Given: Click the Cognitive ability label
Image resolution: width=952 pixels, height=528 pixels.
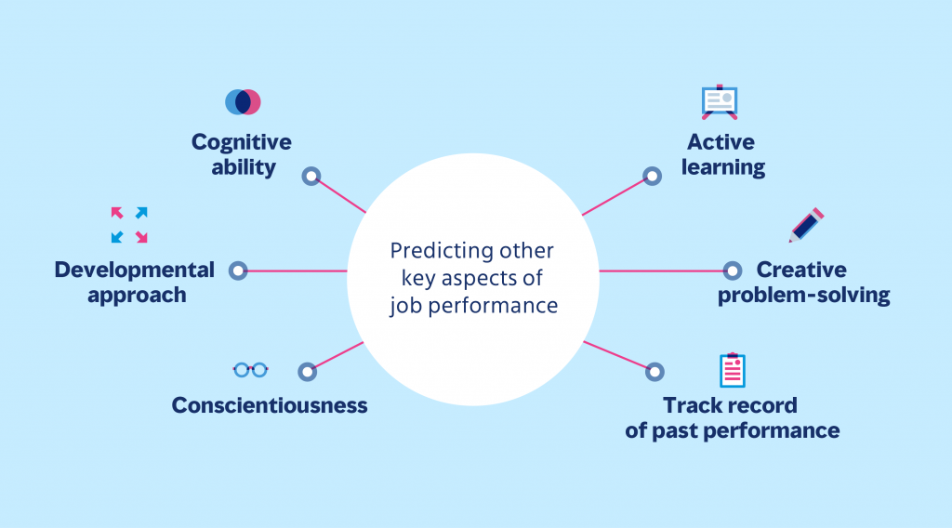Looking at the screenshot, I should click(x=241, y=155).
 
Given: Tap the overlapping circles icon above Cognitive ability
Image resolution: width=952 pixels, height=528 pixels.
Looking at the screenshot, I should click(x=243, y=102).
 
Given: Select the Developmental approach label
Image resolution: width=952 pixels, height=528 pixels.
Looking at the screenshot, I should click(x=134, y=283).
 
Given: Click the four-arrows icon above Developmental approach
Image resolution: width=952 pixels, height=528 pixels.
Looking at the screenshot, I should click(x=129, y=225).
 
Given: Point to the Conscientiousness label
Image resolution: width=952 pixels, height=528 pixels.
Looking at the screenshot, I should click(x=270, y=405).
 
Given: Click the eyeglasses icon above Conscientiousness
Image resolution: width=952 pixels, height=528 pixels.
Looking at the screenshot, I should click(x=250, y=370).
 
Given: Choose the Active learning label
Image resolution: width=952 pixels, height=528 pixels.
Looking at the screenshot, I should click(x=721, y=155).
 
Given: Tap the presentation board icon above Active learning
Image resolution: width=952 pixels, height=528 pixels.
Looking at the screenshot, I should click(x=719, y=102).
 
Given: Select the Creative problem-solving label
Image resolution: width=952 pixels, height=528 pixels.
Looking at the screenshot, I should click(x=803, y=283).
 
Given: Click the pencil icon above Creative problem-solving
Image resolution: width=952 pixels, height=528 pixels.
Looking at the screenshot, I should click(x=806, y=225).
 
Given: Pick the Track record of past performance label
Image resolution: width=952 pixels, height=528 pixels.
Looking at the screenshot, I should click(x=732, y=418).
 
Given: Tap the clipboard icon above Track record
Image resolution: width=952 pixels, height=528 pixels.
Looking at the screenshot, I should click(x=733, y=370).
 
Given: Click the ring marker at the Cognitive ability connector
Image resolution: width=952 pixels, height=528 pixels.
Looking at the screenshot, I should click(x=311, y=175).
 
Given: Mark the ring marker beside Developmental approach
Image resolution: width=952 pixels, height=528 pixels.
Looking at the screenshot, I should click(x=238, y=271).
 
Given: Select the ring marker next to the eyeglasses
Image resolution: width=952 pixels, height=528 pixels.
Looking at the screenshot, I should click(x=307, y=372).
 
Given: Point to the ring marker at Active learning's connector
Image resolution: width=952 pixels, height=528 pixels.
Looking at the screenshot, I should click(x=652, y=176).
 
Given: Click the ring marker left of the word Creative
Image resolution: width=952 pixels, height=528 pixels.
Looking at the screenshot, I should click(x=733, y=271).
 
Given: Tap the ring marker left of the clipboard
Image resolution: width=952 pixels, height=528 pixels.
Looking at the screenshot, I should click(x=654, y=371).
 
